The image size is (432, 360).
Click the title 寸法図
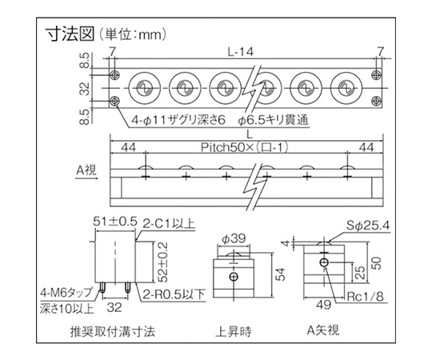tap(70, 34)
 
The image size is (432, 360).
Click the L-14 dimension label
tap(241, 52)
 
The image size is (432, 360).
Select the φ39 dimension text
tap(234, 239)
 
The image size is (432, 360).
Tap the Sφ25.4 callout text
tap(368, 226)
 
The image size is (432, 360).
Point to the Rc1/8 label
tap(365, 297)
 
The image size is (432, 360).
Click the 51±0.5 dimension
tap(115, 222)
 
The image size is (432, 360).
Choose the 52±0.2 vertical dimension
tap(163, 262)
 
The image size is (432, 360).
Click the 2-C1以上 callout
tap(169, 223)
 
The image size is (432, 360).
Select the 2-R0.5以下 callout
tap(174, 295)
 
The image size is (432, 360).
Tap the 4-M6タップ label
tap(66, 293)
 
